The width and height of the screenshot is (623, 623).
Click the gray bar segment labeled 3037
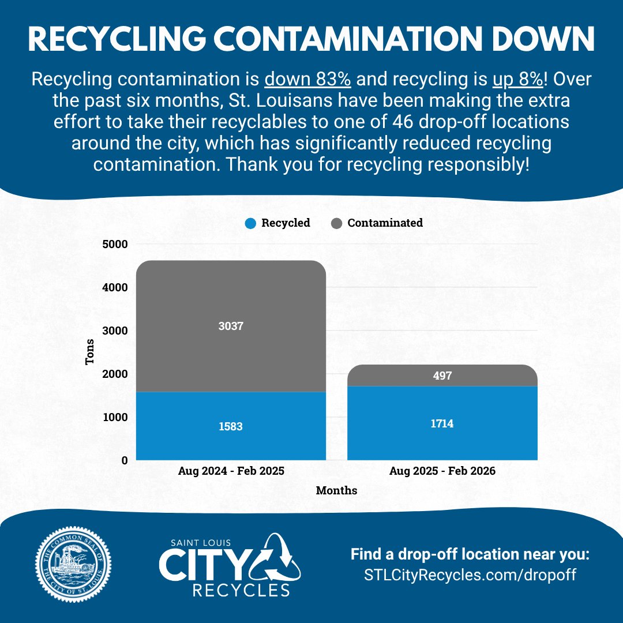[x=231, y=326]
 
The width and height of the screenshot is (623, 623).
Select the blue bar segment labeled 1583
[x=231, y=426]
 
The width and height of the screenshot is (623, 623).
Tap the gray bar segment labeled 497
[x=442, y=376]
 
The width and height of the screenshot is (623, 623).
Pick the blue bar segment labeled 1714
[x=442, y=423]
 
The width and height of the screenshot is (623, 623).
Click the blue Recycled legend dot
[x=250, y=223]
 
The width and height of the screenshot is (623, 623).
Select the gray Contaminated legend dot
[x=336, y=223]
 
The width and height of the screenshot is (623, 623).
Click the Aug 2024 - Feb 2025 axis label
[x=231, y=471]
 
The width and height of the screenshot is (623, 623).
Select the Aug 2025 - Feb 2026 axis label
[x=442, y=471]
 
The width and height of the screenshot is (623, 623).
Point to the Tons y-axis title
[x=90, y=352]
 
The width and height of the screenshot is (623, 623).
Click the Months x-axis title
[x=336, y=491]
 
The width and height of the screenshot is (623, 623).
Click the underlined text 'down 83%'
[x=307, y=79]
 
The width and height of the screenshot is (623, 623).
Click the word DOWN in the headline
[x=535, y=40]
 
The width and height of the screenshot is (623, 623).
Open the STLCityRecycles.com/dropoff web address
[x=470, y=575]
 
